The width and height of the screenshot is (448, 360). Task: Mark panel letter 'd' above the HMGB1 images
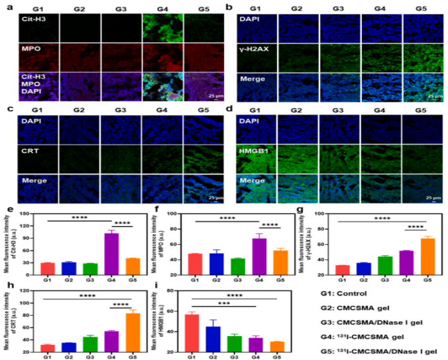pos(229,108)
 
